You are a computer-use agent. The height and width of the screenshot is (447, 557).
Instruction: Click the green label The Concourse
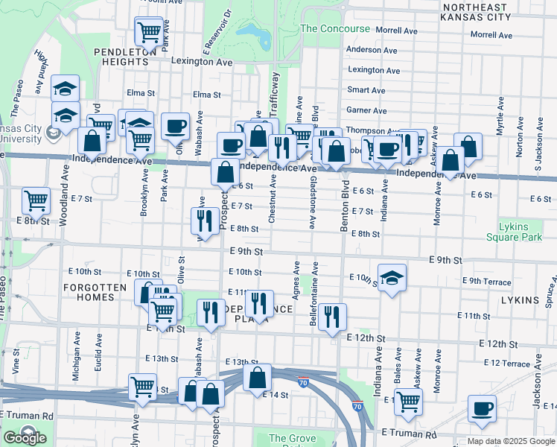tap(334, 29)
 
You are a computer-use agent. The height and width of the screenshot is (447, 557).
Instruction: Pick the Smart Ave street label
tap(366, 90)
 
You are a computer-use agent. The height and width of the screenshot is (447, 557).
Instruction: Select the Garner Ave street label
tap(367, 110)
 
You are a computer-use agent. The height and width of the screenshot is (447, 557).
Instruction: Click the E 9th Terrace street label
tap(486, 282)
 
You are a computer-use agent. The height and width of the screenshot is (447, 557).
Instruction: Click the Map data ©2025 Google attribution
tap(511, 441)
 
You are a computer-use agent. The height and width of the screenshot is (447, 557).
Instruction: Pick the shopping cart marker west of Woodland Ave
tap(36, 200)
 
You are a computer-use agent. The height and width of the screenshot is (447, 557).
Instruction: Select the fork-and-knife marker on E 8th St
tap(202, 220)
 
